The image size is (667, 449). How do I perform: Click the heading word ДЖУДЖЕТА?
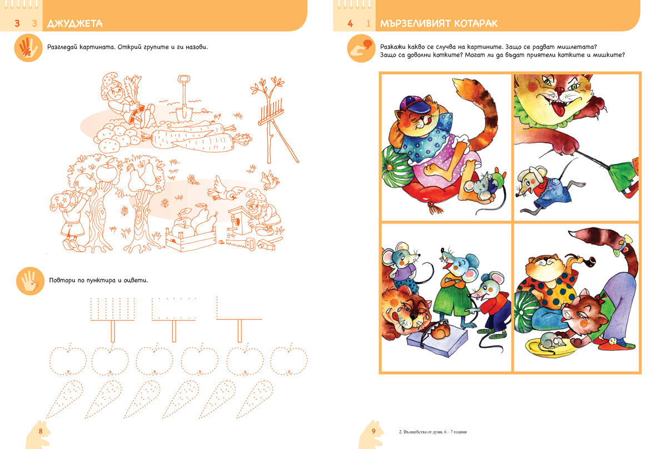point(74,23)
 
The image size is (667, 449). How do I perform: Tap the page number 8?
point(41,431)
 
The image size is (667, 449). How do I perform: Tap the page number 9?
point(374,431)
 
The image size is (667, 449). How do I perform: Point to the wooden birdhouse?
point(240,220)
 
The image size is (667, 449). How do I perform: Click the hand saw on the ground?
point(241,243)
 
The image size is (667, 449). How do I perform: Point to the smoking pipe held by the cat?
point(585,262)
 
